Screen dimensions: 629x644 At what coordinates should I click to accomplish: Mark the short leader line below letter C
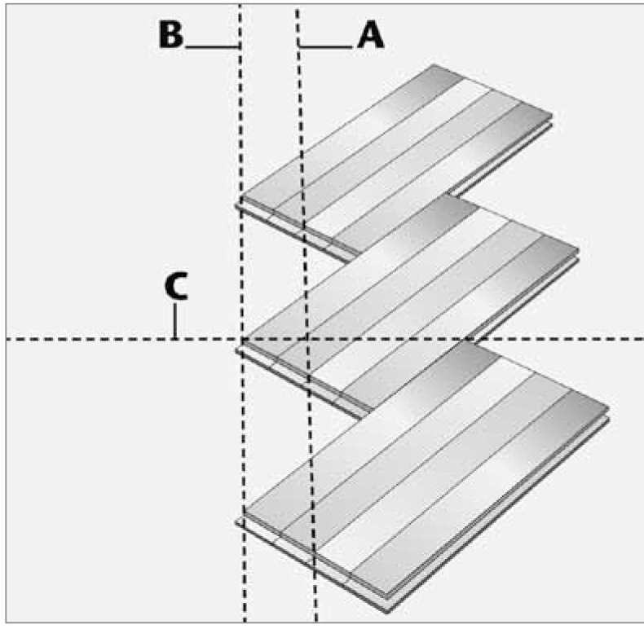(x=175, y=321)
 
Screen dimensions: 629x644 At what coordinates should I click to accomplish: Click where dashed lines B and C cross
(x=242, y=339)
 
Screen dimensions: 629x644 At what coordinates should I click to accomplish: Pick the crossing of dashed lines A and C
(x=307, y=339)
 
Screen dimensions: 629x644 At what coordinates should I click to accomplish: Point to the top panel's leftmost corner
(x=239, y=200)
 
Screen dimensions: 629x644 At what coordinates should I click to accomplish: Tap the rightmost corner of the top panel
(x=552, y=118)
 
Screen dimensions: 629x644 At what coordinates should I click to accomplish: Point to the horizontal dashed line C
(x=98, y=339)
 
